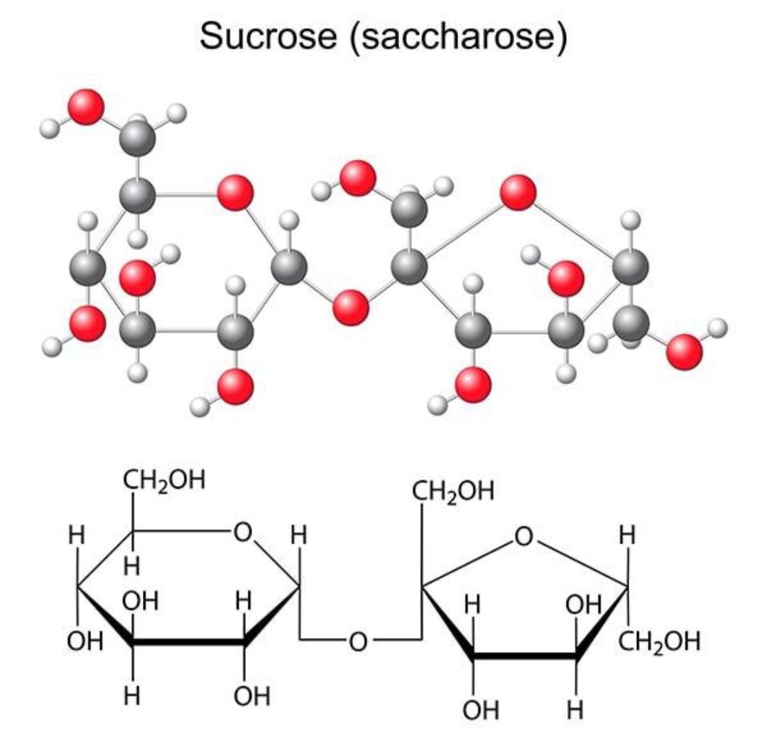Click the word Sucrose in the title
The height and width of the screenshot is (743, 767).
268,36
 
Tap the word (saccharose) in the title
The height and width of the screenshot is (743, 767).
458,37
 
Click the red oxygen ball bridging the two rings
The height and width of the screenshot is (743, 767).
350,308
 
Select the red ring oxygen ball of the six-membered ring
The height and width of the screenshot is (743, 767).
235,193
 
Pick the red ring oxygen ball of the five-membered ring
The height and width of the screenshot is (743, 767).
518,192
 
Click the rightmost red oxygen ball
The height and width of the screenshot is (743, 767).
685,352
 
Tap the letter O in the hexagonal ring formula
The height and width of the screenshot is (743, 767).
243,532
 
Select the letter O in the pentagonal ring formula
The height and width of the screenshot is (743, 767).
524,536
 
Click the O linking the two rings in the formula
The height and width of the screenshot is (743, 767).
358,641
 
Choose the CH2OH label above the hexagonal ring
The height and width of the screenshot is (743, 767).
164,481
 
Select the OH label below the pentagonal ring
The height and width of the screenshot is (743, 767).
481,710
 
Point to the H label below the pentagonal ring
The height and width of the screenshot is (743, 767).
576,710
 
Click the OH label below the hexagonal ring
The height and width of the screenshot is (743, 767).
252,696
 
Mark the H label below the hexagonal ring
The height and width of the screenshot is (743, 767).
132,695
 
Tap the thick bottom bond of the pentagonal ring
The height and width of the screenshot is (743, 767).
526,656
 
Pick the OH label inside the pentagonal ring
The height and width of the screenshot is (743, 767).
584,605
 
